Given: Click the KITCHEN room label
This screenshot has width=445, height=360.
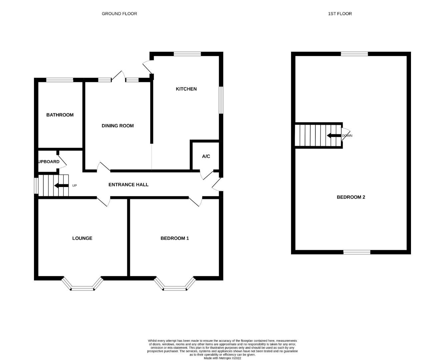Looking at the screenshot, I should point(186,89).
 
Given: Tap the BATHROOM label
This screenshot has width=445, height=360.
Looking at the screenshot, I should point(60,115).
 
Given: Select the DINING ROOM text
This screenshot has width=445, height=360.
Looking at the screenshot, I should point(118,126).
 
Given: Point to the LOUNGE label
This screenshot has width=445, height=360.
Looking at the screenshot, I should point(82,238).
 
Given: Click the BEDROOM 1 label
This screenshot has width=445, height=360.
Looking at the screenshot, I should point(175,238).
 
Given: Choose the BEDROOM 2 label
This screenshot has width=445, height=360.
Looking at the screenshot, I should point(351,197).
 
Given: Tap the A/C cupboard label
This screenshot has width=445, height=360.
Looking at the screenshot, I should point(206,156).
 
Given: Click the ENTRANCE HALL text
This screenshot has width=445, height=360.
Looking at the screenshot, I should point(128,185).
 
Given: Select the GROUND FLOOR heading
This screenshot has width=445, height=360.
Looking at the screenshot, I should point(119,14).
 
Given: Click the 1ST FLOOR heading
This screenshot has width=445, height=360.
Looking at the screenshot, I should point(340,14).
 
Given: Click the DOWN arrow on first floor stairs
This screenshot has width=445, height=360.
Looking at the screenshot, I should point(333,136).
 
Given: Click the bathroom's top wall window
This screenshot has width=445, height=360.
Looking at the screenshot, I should point(60,80).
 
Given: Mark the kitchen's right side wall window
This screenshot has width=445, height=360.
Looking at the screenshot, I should point(221,100).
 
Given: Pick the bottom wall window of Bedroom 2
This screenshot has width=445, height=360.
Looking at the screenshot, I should point(357,252).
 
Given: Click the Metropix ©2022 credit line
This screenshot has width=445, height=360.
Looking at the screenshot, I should point(222,358).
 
